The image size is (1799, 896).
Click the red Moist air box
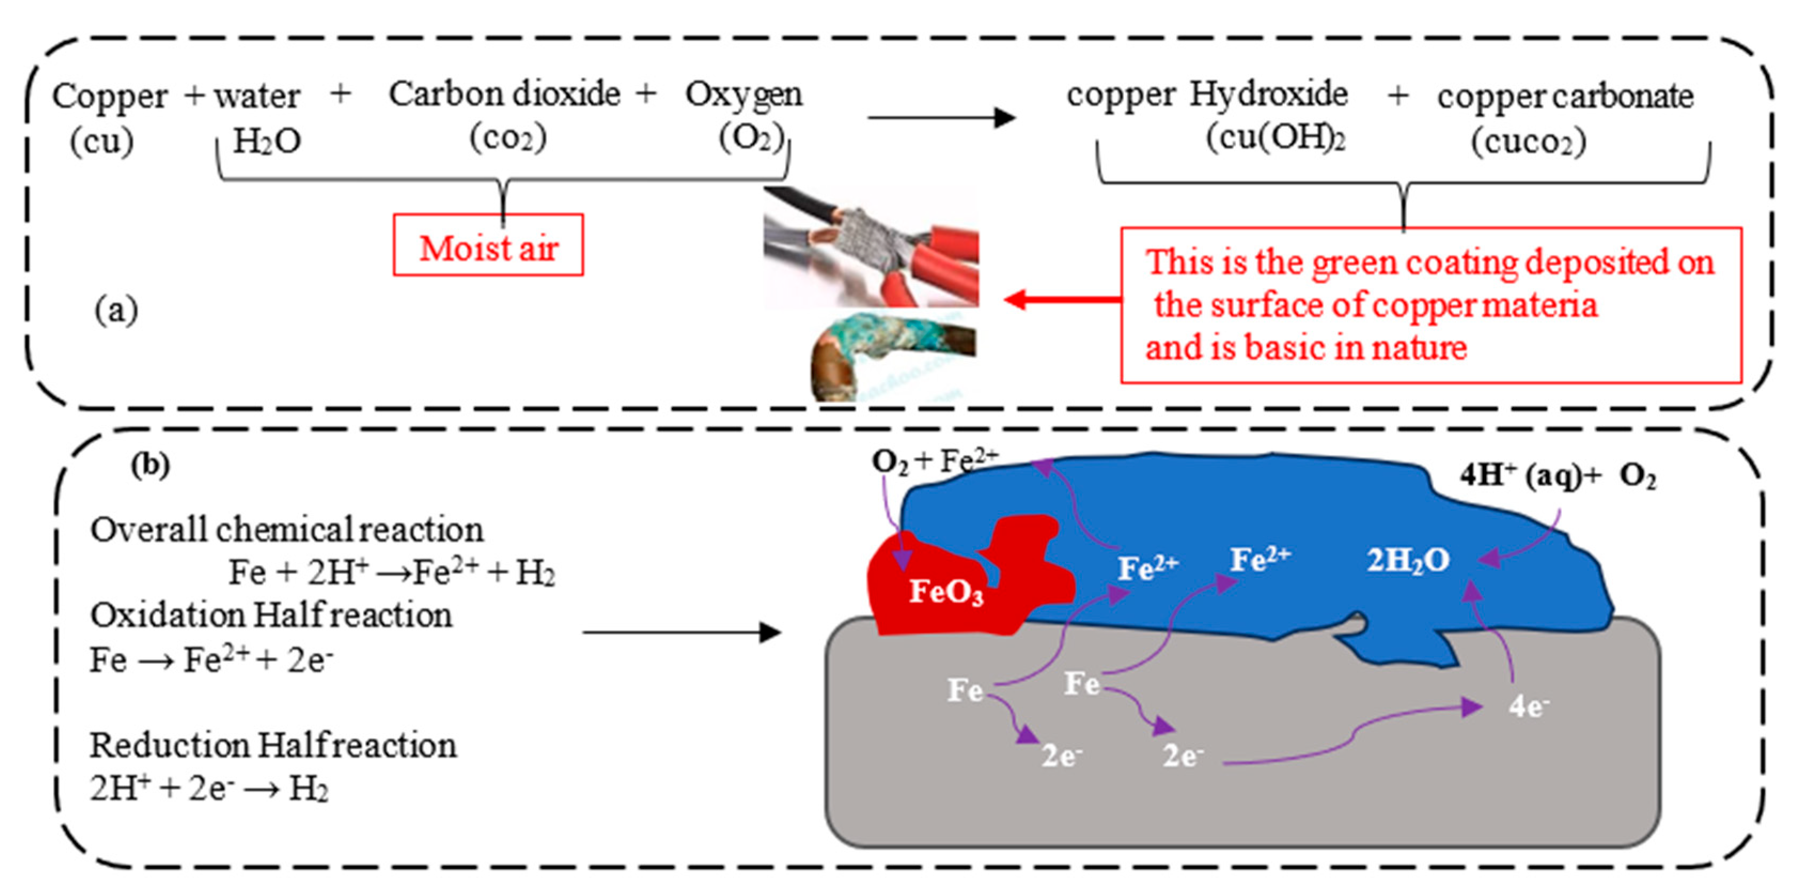(x=488, y=245)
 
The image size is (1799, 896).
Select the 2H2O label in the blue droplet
(x=1407, y=560)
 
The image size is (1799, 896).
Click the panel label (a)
(x=116, y=310)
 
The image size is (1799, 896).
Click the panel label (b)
(x=150, y=465)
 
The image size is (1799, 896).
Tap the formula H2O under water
(x=267, y=141)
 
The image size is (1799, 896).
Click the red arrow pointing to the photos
(x=1061, y=300)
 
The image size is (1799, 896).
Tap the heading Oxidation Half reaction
(x=271, y=615)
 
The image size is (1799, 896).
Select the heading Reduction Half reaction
(x=273, y=745)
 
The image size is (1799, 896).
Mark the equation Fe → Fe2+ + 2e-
(x=211, y=659)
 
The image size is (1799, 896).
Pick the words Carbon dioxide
(x=504, y=95)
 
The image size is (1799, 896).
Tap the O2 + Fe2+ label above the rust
(x=934, y=461)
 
